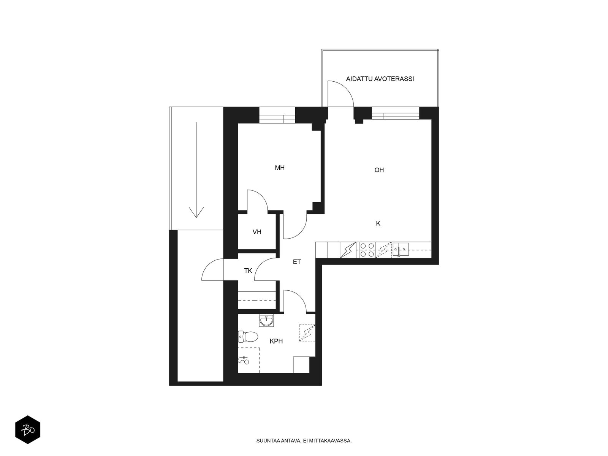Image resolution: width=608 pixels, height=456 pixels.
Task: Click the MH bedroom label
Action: point(279,168)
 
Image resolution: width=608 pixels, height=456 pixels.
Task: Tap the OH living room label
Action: point(379,170)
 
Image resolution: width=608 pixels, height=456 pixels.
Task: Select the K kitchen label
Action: point(378,223)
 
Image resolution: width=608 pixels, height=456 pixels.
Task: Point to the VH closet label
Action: point(257,232)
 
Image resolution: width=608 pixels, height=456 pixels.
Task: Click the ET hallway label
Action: point(297,262)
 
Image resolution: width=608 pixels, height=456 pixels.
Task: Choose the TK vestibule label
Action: point(248,271)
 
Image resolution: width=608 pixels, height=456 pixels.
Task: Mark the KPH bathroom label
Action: point(276,341)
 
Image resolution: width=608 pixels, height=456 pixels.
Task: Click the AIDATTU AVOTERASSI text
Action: point(380,79)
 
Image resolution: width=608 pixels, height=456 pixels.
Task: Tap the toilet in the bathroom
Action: point(248,337)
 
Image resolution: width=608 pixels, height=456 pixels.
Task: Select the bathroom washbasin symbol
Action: point(266,321)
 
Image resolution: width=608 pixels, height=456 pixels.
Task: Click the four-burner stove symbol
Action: point(367,250)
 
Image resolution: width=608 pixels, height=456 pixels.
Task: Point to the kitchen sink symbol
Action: point(401,249)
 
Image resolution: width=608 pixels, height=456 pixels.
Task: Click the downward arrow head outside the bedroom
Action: point(196,212)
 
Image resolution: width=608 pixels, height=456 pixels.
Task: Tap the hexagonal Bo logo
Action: point(28,430)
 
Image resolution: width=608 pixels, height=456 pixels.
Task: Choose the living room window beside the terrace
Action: point(395,113)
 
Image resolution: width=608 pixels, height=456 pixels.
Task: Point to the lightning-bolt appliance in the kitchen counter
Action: point(348,250)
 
